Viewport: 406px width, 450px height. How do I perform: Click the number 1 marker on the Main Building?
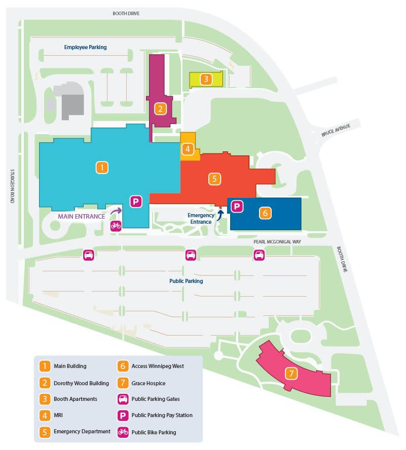click(102, 168)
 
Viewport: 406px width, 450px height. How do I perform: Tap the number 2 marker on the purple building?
click(160, 108)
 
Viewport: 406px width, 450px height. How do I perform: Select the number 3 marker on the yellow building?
click(205, 79)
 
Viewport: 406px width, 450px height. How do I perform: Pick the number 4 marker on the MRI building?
click(188, 149)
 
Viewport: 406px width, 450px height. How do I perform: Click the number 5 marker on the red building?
click(214, 178)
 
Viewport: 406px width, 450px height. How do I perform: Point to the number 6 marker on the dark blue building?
click(265, 213)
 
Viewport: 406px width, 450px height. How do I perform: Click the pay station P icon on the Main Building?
click(136, 201)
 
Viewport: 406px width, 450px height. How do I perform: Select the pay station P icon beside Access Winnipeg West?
click(237, 206)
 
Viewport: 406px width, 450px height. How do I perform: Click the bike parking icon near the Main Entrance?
click(116, 226)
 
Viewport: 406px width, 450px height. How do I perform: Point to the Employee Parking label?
click(85, 47)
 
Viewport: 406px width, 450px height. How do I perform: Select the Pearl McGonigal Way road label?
click(277, 242)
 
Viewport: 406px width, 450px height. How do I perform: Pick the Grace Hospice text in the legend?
click(149, 383)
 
